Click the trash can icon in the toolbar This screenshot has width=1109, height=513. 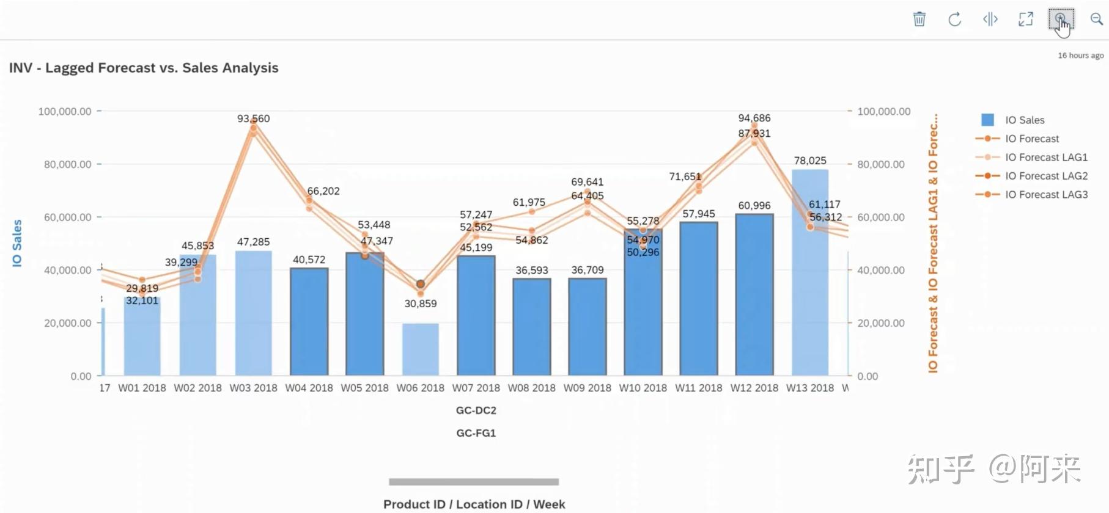point(919,20)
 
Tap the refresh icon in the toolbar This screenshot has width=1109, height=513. point(954,20)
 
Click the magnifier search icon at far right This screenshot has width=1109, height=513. point(1097,20)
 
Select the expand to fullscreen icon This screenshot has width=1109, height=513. point(1025,20)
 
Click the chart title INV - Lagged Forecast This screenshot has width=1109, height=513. point(144,68)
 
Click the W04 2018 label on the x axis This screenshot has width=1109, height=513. point(309,388)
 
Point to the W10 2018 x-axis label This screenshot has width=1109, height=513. point(643,388)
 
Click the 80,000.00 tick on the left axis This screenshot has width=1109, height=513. point(68,164)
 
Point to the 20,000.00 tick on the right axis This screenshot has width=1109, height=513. point(880,323)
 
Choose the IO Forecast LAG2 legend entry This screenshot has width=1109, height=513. point(1046,176)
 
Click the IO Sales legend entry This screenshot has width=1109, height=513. point(1025,120)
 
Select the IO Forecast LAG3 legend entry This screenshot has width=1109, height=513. point(1046,195)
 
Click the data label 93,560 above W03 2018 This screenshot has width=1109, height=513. point(253,118)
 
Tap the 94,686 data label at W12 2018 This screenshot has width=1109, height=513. point(754,118)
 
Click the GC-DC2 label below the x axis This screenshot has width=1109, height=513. point(476,410)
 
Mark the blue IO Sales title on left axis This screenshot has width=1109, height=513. point(17,243)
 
